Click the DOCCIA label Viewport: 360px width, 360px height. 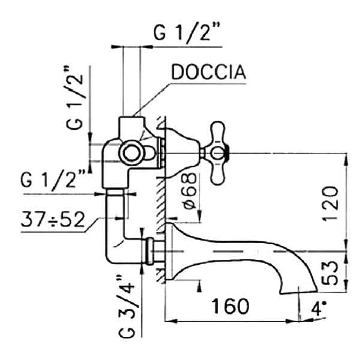point(208,73)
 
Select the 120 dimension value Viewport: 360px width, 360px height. point(332,204)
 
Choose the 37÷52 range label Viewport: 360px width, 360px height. point(52,220)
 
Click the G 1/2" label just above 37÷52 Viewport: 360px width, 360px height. point(52,181)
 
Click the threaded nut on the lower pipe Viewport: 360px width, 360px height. point(150,251)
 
